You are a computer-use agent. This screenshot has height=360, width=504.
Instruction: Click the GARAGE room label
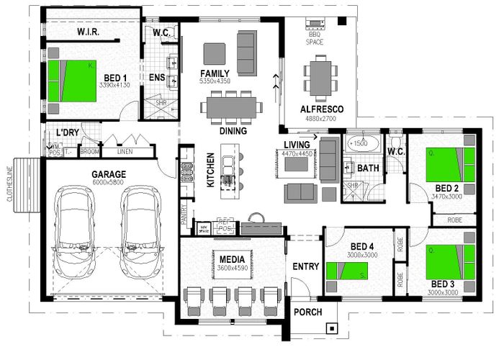[109, 174]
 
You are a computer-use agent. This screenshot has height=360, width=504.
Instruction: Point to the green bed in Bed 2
[450, 164]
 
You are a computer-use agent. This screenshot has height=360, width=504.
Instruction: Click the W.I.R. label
[88, 33]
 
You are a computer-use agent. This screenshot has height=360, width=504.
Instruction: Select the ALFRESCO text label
[321, 109]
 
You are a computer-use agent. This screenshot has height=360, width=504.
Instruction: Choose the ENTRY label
[305, 267]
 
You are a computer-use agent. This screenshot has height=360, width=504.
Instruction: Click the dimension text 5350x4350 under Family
[215, 82]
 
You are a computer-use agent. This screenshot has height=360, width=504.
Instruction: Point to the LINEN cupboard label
[125, 152]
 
